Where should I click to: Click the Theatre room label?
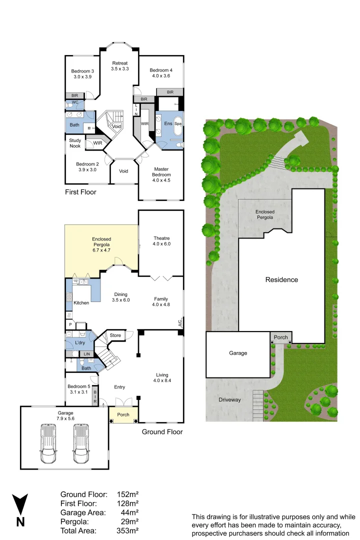[x=161, y=241]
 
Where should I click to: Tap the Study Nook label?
[x=75, y=143]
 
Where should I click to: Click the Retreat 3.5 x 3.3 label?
[x=120, y=65]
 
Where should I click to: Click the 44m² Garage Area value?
[x=129, y=512]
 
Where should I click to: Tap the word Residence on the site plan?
[x=281, y=279]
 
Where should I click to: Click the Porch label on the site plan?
[x=281, y=337]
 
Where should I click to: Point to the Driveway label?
[x=229, y=399]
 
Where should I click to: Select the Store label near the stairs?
[x=115, y=335]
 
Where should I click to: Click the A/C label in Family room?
[x=180, y=323]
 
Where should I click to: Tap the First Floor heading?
[x=80, y=192]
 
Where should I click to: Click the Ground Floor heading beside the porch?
[x=162, y=432]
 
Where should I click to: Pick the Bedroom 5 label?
[x=77, y=389]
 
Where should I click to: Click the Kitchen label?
[x=81, y=303]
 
